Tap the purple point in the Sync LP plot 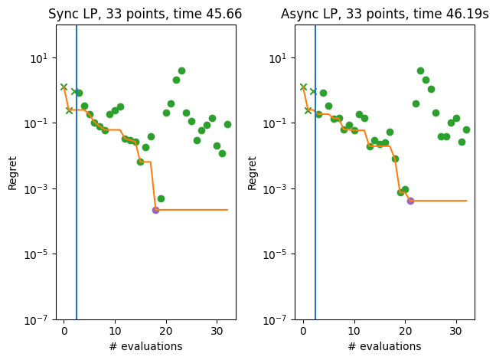click(155, 210)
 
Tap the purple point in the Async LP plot click(410, 201)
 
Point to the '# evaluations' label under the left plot click(145, 346)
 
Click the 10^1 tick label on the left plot click(41, 58)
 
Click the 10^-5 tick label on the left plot click(41, 254)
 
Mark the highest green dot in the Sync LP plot click(181, 70)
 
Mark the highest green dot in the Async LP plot click(420, 70)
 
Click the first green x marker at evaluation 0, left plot click(64, 87)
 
